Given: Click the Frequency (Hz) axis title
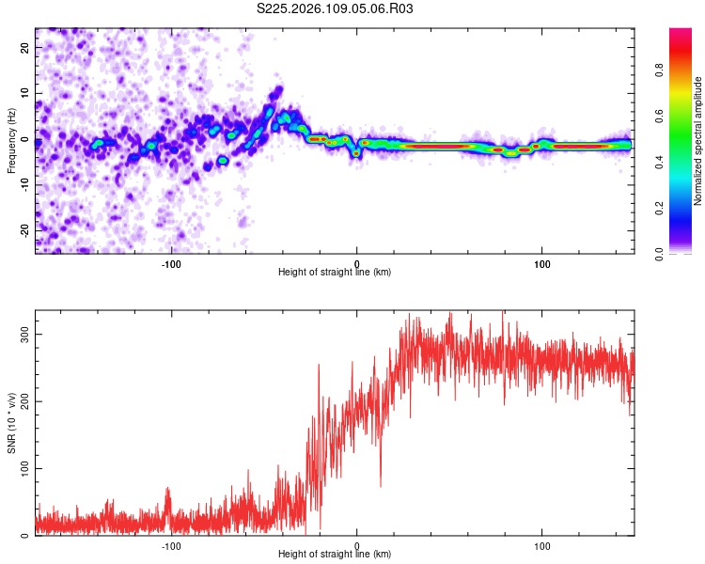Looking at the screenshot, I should pyautogui.click(x=11, y=141).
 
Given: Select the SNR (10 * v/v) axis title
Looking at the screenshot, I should pyautogui.click(x=11, y=423).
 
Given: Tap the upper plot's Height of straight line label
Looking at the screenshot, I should pyautogui.click(x=335, y=273).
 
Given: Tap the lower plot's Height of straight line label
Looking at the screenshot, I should pyautogui.click(x=335, y=554).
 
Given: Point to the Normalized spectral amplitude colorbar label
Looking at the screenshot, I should pyautogui.click(x=698, y=141).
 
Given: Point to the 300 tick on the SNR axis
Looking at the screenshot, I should pyautogui.click(x=22, y=334).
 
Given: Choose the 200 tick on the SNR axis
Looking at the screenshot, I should pyautogui.click(x=22, y=401).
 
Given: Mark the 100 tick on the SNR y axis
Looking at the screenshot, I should pyautogui.click(x=22, y=468).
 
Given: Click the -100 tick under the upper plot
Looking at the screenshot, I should pyautogui.click(x=171, y=263).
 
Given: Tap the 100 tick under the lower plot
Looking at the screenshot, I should pyautogui.click(x=542, y=544).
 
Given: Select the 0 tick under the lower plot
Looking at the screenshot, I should pyautogui.click(x=357, y=544).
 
